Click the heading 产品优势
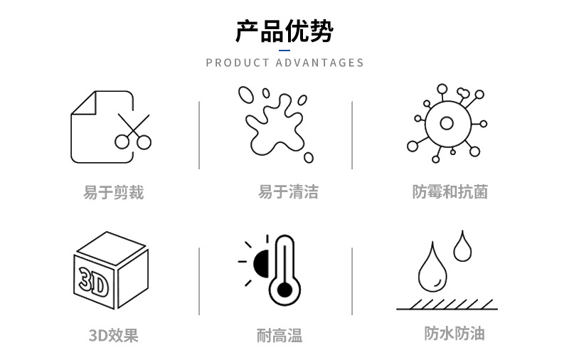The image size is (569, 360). pos(284,32)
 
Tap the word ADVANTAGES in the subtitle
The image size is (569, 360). pos(319,63)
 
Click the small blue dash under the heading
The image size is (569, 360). pos(284,51)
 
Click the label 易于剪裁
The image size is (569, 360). pos(114,192)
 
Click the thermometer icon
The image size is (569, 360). pos(284,270)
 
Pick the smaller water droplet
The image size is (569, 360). pos(463,246)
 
